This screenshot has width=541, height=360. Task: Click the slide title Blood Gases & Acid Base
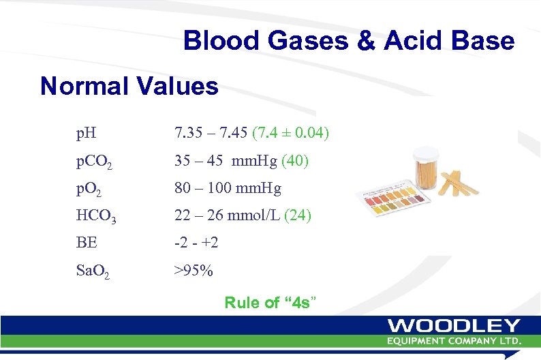[348, 42]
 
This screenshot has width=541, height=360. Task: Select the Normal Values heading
[129, 87]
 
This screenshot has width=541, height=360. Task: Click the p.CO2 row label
[94, 162]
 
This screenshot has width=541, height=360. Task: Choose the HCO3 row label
[96, 216]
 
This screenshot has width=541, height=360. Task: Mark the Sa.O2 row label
[93, 271]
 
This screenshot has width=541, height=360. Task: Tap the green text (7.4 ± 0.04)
[291, 132]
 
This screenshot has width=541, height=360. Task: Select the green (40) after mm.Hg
[295, 162]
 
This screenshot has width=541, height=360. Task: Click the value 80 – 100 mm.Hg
[228, 188]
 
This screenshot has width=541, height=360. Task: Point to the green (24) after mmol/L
[297, 215]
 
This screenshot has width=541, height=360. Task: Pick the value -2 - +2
[196, 243]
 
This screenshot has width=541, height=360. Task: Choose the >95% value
[194, 271]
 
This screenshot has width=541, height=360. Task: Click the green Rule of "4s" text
[270, 303]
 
